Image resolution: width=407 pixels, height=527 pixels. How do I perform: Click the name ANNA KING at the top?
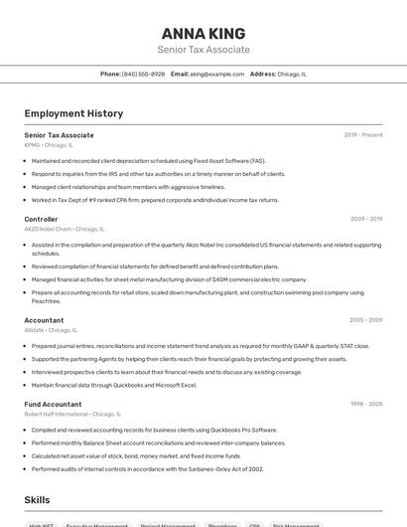coord(203,33)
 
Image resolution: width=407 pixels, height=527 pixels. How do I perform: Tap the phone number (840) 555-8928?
coord(143,74)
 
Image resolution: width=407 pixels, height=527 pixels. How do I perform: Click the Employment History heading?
coord(73,113)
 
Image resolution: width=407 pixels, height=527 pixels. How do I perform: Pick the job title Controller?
coord(42,219)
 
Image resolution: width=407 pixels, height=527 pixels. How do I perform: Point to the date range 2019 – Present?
coord(363,134)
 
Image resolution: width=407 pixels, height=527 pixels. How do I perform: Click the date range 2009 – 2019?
coord(365,219)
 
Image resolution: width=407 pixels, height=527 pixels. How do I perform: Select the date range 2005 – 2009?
coord(365,320)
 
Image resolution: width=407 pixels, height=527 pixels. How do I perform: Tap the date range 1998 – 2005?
coord(365,404)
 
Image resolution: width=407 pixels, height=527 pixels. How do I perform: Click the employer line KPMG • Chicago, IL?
coord(49,144)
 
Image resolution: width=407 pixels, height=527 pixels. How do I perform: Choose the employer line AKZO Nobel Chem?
coord(63,228)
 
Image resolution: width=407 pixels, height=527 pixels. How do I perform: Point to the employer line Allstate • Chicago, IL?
coord(51,329)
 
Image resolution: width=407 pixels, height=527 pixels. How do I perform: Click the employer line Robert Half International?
coord(72,414)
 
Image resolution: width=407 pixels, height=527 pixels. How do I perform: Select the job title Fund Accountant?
coord(54,404)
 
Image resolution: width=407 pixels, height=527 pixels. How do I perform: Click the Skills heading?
coord(38,500)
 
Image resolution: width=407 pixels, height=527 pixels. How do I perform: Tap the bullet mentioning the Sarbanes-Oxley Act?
coord(147,468)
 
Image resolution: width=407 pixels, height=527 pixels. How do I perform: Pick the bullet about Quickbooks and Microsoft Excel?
coord(114,385)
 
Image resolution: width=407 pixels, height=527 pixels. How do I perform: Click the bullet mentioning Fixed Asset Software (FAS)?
coord(149,160)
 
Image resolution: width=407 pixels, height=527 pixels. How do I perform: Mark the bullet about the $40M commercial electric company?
coord(169,279)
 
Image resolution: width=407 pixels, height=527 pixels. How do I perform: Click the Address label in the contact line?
coord(262,74)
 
